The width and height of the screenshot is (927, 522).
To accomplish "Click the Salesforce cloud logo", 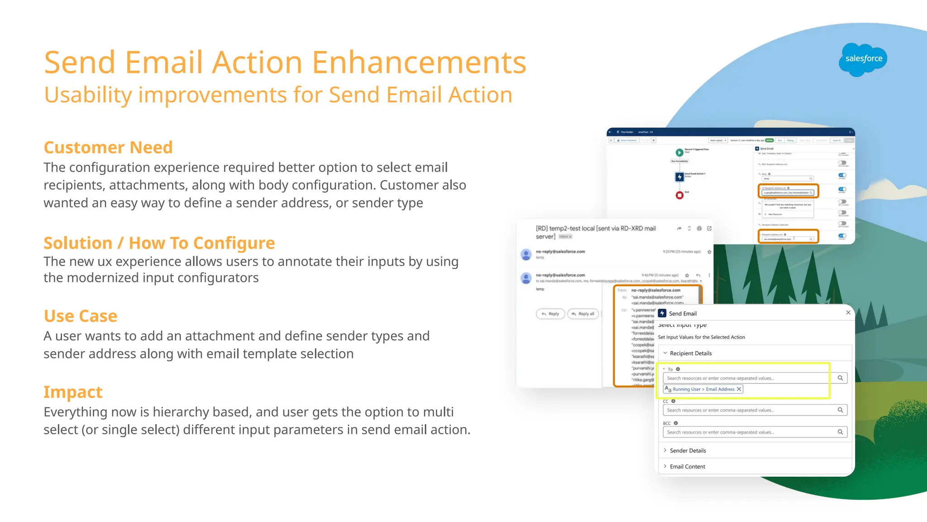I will pyautogui.click(x=863, y=59).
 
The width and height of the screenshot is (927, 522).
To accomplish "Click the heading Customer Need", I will pyautogui.click(x=108, y=148).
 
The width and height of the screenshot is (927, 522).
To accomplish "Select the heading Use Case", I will pyautogui.click(x=81, y=316).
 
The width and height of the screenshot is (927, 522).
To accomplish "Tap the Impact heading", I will pyautogui.click(x=73, y=392).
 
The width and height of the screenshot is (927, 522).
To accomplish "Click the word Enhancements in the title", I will pyautogui.click(x=419, y=63).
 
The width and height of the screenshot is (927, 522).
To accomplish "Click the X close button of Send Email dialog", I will pyautogui.click(x=848, y=313).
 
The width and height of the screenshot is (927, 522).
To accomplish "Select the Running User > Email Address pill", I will pyautogui.click(x=703, y=389).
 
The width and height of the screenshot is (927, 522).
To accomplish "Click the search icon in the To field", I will pyautogui.click(x=840, y=378).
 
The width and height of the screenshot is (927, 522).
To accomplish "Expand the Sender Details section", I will pyautogui.click(x=688, y=450).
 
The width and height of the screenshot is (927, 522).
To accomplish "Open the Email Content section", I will pyautogui.click(x=687, y=467).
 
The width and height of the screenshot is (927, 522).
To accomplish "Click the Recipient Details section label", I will pyautogui.click(x=691, y=353).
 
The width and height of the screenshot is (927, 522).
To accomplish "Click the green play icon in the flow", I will pyautogui.click(x=679, y=153).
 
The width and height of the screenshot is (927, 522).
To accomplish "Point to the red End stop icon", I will pyautogui.click(x=679, y=195).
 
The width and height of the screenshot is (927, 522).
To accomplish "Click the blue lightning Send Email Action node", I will pyautogui.click(x=679, y=177).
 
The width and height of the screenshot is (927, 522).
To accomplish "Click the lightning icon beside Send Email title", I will pyautogui.click(x=662, y=314).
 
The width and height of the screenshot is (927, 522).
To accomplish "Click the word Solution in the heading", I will pyautogui.click(x=78, y=243).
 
